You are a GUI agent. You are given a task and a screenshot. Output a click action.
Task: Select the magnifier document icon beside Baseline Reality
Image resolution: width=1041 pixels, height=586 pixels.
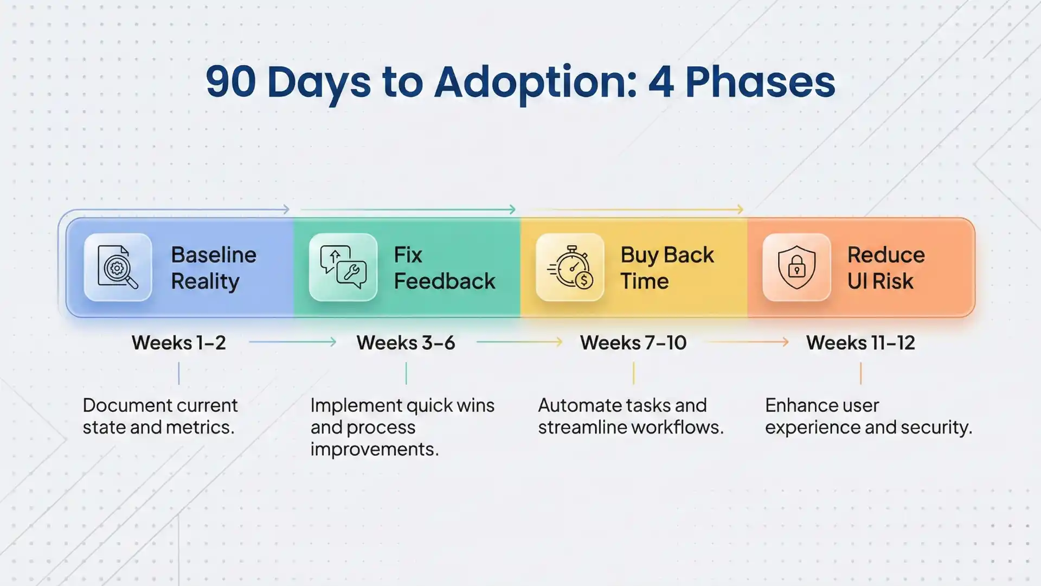pyautogui.click(x=118, y=267)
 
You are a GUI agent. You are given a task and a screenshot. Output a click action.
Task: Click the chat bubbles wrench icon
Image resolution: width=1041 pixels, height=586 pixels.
pyautogui.click(x=343, y=267)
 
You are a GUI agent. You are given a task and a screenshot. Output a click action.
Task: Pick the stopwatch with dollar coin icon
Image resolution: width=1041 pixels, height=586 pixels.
pyautogui.click(x=570, y=267)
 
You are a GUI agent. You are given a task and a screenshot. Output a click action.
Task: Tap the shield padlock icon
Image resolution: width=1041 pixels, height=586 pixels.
pyautogui.click(x=796, y=267)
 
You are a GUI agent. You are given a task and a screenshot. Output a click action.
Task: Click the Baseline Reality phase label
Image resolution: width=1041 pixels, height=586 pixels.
pyautogui.click(x=213, y=268)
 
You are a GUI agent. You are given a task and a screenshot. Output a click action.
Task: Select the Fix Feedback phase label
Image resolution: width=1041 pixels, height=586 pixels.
pyautogui.click(x=444, y=268)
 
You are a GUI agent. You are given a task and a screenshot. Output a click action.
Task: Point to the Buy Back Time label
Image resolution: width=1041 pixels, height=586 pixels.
pyautogui.click(x=667, y=268)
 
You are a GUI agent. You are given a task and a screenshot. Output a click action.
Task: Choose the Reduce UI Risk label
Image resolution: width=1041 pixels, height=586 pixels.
pyautogui.click(x=886, y=268)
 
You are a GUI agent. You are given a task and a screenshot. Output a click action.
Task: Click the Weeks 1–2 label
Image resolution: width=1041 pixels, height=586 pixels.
pyautogui.click(x=178, y=343)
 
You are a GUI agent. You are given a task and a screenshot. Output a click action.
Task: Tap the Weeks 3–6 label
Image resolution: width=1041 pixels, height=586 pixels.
pyautogui.click(x=406, y=343)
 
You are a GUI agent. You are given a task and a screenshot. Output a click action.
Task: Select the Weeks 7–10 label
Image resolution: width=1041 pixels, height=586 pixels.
pyautogui.click(x=633, y=343)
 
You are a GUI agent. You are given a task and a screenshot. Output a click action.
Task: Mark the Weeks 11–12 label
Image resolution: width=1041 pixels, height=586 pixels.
pyautogui.click(x=860, y=343)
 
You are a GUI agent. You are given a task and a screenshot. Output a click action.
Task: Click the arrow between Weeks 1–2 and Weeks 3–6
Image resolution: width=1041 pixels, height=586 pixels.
pyautogui.click(x=293, y=342)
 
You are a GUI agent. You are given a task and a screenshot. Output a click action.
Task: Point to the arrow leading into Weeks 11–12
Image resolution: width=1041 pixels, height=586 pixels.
pyautogui.click(x=747, y=342)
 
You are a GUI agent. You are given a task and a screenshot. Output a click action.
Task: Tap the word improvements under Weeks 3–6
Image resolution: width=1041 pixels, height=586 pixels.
pyautogui.click(x=374, y=449)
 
